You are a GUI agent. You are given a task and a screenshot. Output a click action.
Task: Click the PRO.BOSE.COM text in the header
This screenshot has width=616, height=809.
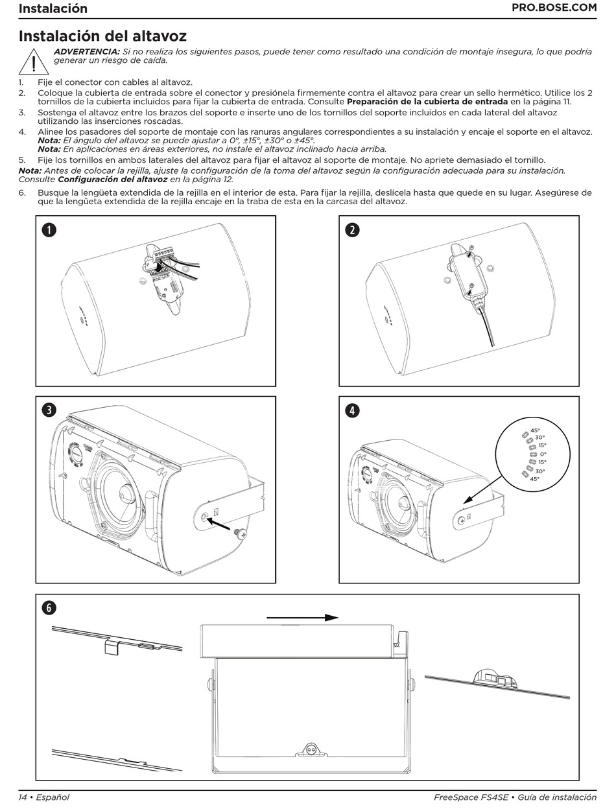coord(554,8)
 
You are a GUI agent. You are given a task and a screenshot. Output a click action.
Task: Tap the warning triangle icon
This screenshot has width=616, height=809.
coord(29,62)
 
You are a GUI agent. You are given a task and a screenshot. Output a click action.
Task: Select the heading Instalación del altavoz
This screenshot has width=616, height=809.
coord(102,36)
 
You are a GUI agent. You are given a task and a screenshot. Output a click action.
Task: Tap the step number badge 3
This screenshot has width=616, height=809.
coord(49,410)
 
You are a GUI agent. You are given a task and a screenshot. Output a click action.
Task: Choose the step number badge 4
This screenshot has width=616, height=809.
coord(352,410)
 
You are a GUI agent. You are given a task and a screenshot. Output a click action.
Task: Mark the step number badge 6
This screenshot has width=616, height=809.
coord(49,607)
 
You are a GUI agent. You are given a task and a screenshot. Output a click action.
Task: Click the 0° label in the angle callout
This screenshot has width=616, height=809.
coord(543,454)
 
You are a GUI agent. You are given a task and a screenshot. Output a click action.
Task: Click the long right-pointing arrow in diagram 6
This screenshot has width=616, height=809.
coord(303,618)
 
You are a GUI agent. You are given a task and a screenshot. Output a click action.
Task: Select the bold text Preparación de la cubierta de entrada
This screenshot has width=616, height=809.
coord(427,102)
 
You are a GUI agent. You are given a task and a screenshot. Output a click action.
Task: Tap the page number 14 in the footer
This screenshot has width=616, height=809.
coord(23,797)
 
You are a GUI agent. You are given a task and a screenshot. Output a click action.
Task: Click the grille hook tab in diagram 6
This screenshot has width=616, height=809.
coord(113,647)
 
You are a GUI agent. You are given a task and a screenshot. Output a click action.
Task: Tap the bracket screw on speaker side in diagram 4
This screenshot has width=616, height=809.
coord(461,519)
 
